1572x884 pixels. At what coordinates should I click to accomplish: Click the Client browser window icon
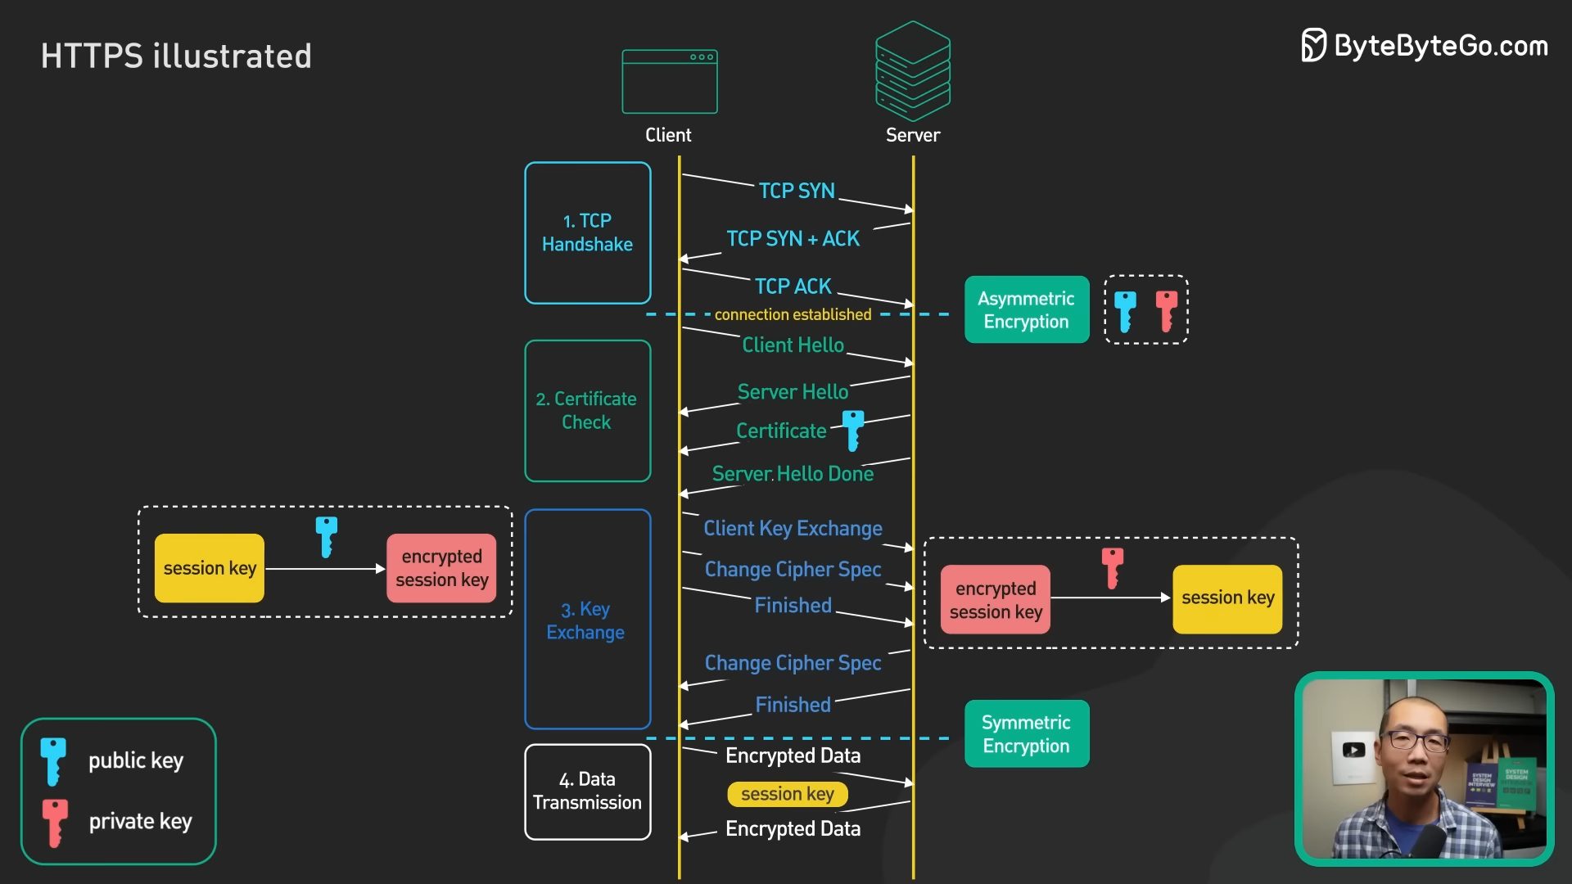(x=669, y=82)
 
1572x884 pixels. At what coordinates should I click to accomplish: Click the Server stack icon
(x=912, y=71)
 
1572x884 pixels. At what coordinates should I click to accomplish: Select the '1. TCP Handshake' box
(x=587, y=232)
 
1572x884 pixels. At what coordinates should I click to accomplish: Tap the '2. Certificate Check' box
(x=587, y=410)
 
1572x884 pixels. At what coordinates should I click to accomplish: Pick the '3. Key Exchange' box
(x=587, y=620)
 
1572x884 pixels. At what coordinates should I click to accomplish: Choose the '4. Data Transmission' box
(x=587, y=791)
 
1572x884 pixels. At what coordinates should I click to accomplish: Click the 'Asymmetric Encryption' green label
(x=1026, y=309)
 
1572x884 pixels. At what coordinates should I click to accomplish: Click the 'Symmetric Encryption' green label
(x=1026, y=733)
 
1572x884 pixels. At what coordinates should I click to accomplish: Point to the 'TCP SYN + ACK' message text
(x=793, y=238)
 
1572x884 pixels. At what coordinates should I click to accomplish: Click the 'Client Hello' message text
(x=793, y=345)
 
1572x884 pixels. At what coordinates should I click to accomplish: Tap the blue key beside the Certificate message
(x=853, y=430)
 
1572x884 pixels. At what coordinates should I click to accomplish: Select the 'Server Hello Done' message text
(x=793, y=473)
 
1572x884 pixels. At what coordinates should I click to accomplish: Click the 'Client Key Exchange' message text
(x=793, y=528)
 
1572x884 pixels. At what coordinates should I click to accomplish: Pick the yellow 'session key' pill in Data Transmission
(x=787, y=793)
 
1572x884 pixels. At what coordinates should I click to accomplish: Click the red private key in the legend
(x=55, y=821)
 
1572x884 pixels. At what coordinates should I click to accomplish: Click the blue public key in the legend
(x=53, y=760)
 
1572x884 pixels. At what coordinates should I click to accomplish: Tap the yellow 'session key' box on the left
(x=210, y=568)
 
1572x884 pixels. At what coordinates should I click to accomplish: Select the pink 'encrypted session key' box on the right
(x=995, y=599)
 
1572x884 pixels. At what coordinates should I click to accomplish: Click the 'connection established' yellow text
(x=793, y=314)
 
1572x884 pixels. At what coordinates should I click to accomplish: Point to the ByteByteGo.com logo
(x=1425, y=46)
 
